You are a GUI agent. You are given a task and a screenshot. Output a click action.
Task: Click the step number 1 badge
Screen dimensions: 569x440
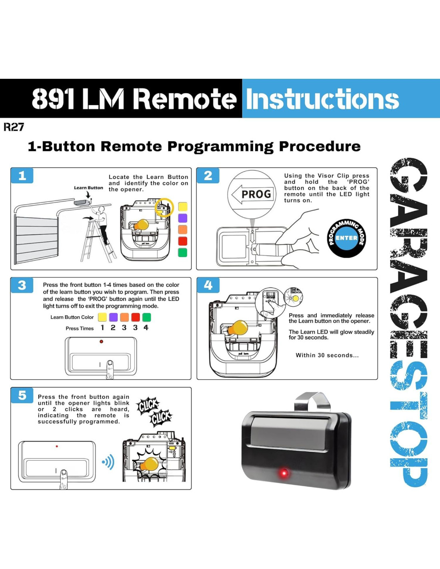point(22,176)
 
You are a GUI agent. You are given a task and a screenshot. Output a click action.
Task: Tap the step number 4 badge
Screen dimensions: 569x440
point(208,285)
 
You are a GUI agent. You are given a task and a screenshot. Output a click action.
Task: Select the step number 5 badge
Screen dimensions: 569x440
point(22,395)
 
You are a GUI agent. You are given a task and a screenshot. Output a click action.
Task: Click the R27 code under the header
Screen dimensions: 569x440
point(14,127)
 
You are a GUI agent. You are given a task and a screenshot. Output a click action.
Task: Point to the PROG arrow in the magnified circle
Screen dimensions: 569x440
point(252,194)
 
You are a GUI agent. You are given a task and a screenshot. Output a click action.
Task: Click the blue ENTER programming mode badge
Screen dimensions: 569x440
point(346,238)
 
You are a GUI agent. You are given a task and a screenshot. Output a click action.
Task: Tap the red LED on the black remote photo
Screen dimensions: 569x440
point(284,473)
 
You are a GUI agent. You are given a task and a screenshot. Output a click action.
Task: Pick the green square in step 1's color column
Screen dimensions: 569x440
point(182,252)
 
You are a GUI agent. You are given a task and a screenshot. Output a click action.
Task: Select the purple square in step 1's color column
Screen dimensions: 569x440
point(182,218)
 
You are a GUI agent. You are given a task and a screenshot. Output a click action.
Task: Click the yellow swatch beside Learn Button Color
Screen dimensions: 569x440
point(102,317)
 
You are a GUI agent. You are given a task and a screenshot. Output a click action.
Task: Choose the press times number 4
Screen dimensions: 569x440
point(146,328)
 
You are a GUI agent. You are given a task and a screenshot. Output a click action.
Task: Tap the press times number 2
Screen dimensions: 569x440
point(113,328)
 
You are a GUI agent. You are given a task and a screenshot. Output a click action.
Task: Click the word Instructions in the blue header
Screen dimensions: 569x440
point(322,99)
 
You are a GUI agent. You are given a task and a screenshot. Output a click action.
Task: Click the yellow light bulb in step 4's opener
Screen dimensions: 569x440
point(239,328)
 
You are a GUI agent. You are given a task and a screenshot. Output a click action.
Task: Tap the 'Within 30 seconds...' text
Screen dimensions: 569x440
point(327,355)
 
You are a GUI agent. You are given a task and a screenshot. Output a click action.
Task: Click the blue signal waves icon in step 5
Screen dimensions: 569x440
point(108,462)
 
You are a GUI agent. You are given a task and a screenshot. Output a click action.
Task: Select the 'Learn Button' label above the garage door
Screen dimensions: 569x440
point(88,188)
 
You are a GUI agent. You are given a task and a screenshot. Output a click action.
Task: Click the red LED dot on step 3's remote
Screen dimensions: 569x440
point(101,341)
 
